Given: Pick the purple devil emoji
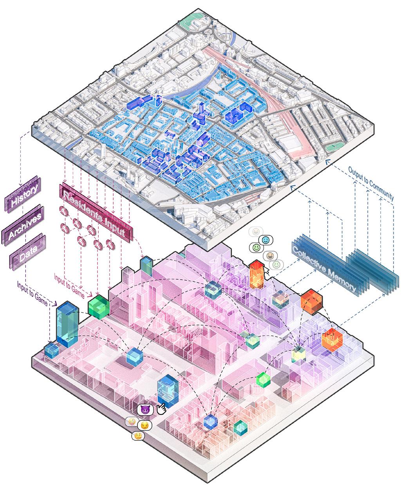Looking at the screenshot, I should tap(145, 410).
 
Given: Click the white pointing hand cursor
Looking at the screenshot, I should tap(161, 409).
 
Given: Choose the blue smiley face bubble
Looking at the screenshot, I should tap(266, 239).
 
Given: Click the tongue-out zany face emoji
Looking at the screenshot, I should tap(132, 422).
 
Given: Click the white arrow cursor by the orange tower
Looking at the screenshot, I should tap(268, 270).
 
